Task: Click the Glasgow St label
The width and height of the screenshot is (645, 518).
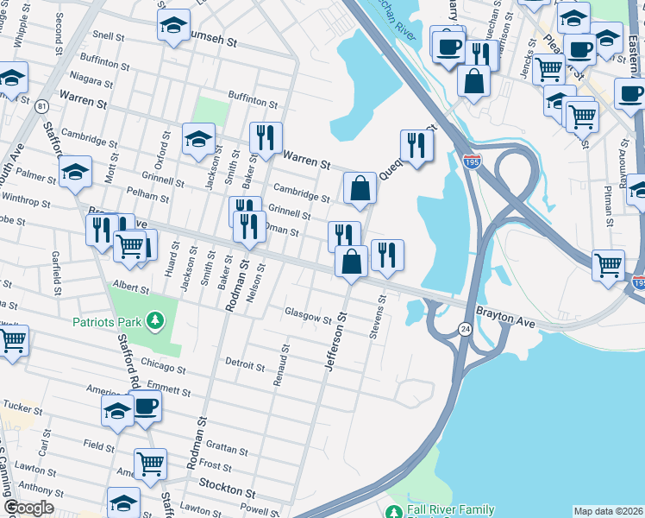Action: point(309,318)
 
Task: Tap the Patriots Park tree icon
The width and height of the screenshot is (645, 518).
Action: point(154,322)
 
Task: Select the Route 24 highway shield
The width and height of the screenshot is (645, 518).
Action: point(464,328)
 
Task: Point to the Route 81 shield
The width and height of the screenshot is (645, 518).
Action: point(41,106)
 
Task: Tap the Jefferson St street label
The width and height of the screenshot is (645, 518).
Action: point(335,343)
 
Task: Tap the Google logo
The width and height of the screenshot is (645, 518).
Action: point(29,507)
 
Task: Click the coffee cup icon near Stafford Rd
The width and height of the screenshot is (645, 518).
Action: point(145,406)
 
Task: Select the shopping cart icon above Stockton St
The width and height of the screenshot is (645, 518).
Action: point(150,464)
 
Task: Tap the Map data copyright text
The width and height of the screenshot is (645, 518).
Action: point(608,511)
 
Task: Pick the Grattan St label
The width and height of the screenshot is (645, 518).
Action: point(229,451)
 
